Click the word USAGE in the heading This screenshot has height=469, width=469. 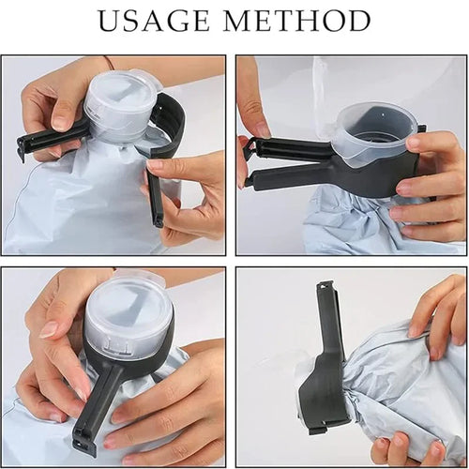[156, 21]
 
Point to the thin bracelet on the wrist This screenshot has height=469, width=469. [110, 64]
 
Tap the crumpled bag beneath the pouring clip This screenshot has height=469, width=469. [347, 225]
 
